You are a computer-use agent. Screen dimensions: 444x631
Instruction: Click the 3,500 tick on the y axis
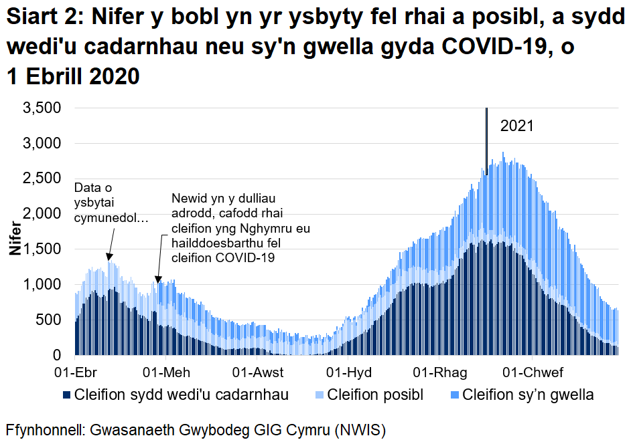click(43, 108)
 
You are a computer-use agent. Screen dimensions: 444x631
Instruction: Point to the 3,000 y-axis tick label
click(43, 144)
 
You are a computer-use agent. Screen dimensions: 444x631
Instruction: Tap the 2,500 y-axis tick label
click(43, 179)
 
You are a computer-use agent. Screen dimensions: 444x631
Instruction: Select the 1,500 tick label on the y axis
click(43, 249)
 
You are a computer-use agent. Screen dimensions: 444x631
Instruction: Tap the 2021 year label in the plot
click(516, 126)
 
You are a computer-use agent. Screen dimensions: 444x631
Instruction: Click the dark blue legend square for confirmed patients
click(66, 395)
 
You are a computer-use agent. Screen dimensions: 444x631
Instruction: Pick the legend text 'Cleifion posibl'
click(375, 395)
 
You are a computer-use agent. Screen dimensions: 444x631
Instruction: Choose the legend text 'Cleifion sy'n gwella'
click(527, 395)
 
